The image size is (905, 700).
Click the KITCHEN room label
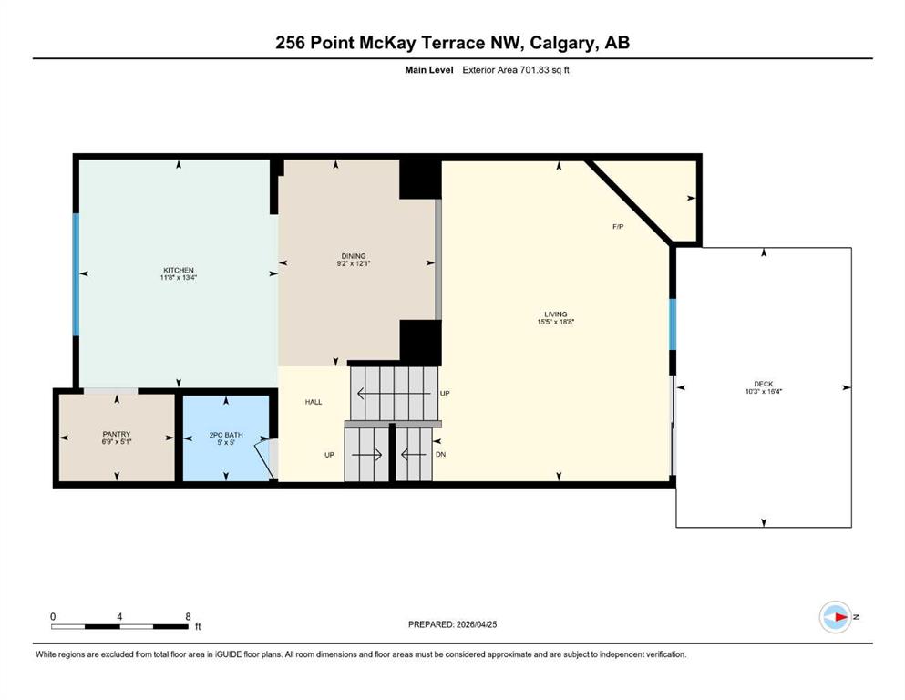tap(179, 270)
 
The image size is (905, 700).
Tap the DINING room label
tap(354, 256)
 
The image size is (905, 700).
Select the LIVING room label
tap(556, 314)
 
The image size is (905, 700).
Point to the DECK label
tap(763, 384)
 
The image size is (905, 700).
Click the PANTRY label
tap(117, 434)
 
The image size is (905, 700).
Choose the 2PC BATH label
tap(226, 435)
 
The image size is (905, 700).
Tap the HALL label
tap(314, 402)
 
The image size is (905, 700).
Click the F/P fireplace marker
tap(618, 227)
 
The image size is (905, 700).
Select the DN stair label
tap(440, 455)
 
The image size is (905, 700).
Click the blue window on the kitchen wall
tap(76, 274)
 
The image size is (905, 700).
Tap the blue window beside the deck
tap(673, 324)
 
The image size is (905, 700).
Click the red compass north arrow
tap(841, 617)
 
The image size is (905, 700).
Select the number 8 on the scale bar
tap(188, 616)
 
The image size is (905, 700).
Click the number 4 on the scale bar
tap(119, 616)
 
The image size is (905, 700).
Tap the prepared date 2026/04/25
tap(476, 624)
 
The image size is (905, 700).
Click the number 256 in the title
tap(291, 43)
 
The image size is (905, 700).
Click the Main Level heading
tap(429, 70)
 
